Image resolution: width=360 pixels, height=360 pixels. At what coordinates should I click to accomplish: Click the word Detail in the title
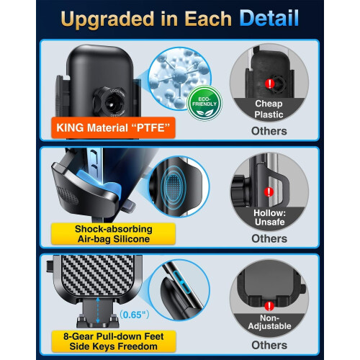click(x=269, y=18)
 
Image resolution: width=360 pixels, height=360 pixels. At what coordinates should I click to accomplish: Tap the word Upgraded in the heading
click(x=107, y=19)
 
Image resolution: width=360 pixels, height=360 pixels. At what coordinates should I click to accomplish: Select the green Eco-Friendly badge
click(x=204, y=103)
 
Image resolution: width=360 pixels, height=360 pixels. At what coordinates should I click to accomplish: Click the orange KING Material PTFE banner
click(x=113, y=127)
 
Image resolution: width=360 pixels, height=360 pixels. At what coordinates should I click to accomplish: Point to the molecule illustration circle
click(x=179, y=78)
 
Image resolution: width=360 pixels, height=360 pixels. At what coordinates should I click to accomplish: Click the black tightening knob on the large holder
click(x=109, y=102)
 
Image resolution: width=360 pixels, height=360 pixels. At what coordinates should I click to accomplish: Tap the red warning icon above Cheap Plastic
click(x=270, y=84)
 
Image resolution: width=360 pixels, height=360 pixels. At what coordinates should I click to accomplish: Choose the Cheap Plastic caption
click(x=269, y=109)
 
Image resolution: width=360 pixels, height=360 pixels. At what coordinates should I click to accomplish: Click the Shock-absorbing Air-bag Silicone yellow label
click(x=113, y=234)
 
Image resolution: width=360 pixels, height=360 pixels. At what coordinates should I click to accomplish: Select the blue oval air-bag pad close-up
click(x=174, y=186)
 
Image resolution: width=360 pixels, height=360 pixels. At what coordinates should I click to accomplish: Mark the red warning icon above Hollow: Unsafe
click(x=269, y=192)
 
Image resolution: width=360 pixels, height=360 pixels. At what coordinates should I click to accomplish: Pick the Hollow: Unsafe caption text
click(x=269, y=217)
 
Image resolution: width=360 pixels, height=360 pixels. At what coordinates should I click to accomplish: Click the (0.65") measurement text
click(x=134, y=315)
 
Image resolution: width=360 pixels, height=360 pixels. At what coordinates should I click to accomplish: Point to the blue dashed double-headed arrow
click(x=98, y=310)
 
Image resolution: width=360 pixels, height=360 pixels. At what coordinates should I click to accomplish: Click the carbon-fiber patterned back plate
click(x=98, y=275)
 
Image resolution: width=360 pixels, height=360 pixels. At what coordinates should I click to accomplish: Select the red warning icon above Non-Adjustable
click(x=269, y=306)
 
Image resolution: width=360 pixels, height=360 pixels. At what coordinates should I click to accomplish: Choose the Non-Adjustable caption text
click(x=269, y=322)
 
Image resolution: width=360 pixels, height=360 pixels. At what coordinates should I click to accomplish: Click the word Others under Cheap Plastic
click(x=269, y=131)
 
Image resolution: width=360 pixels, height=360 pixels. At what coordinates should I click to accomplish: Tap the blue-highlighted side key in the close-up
click(x=181, y=282)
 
